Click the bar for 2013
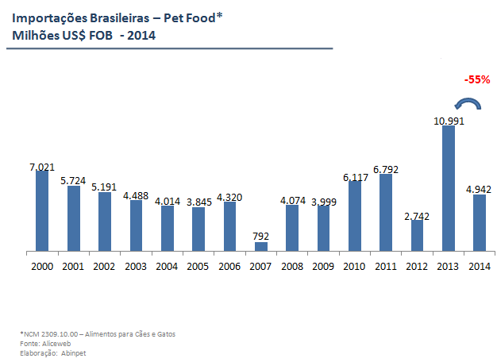coord(449,189)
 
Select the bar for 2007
coord(261,247)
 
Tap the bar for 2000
coord(42,211)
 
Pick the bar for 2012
coord(418,236)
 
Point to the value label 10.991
coord(449,121)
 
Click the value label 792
coord(261,237)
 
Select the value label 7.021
coord(42,166)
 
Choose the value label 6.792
coord(386,168)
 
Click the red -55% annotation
coord(477,79)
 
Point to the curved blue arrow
coord(467,104)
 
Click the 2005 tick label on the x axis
coord(198,266)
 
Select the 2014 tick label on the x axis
coord(480,266)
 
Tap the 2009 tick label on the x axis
coord(323,266)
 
